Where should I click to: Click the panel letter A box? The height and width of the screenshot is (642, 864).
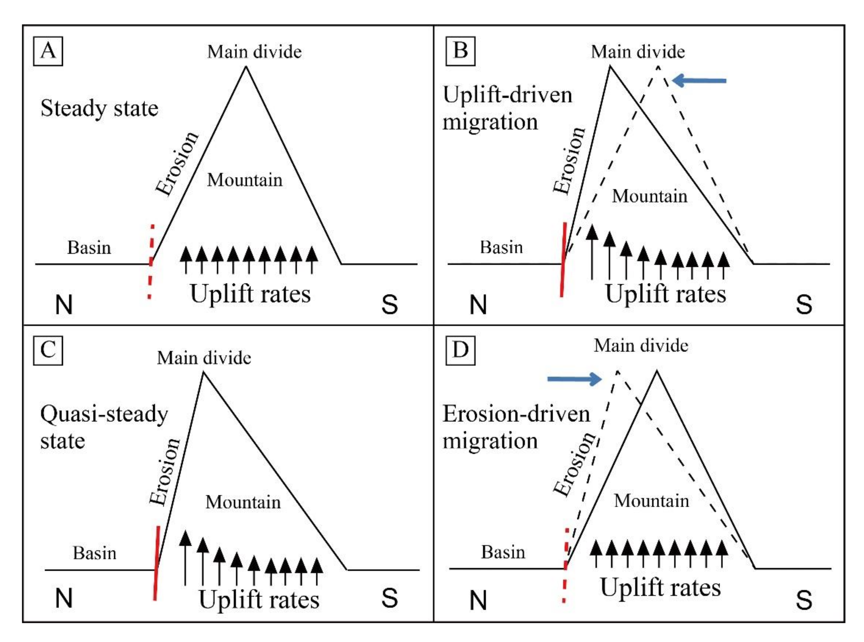pyautogui.click(x=48, y=51)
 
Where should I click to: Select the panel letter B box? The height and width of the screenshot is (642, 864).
pyautogui.click(x=460, y=51)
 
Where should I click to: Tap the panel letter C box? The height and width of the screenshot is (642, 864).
pyautogui.click(x=48, y=350)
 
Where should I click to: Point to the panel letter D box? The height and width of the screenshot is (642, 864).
pyautogui.click(x=460, y=350)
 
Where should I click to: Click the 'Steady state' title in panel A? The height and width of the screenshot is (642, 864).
pyautogui.click(x=100, y=108)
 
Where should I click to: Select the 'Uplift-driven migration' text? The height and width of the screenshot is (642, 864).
pyautogui.click(x=507, y=108)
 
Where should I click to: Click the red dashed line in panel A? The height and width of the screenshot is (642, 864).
pyautogui.click(x=151, y=261)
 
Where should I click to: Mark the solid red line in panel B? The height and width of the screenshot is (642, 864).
pyautogui.click(x=563, y=259)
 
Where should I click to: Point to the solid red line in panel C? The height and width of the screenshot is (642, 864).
pyautogui.click(x=157, y=563)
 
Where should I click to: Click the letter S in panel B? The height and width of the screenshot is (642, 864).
pyautogui.click(x=803, y=304)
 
